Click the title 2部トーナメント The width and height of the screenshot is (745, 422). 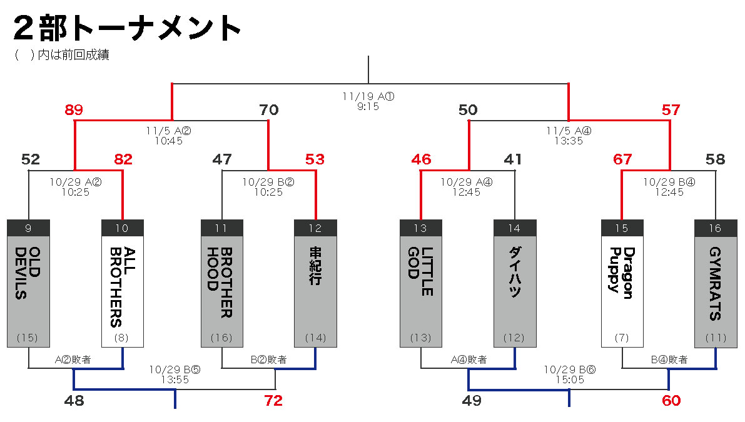128,28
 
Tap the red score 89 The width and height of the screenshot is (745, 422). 74,111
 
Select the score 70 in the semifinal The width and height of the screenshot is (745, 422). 268,111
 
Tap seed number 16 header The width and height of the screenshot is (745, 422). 716,228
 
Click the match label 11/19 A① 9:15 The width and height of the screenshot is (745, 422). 368,101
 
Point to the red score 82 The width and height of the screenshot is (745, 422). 123,159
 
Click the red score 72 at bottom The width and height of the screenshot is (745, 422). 273,401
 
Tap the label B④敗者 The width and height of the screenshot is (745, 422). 669,359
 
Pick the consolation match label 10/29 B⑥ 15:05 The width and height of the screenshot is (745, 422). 569,374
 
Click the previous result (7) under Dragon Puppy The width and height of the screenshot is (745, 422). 622,338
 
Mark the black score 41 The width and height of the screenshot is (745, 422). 513,159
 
